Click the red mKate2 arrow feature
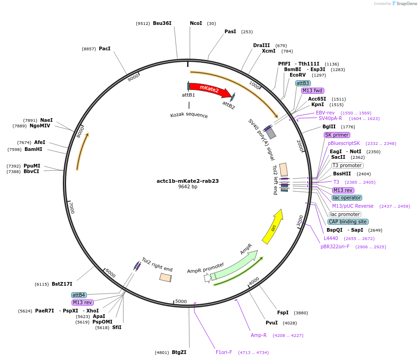[x=209, y=89]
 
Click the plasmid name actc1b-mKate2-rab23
[x=188, y=181]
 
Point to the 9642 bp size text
[x=188, y=187]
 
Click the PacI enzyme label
[x=104, y=48]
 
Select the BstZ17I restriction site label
[x=62, y=284]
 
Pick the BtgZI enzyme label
[x=179, y=352]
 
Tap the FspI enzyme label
[x=283, y=312]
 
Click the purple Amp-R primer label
[x=259, y=335]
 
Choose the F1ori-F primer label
[x=224, y=352]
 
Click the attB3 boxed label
[x=303, y=83]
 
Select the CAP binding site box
[x=348, y=222]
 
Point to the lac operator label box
[x=346, y=198]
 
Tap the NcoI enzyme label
[x=196, y=23]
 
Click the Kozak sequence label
[x=189, y=115]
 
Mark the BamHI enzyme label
[x=33, y=149]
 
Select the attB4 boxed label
[x=79, y=294]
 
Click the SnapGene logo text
[x=404, y=4]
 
